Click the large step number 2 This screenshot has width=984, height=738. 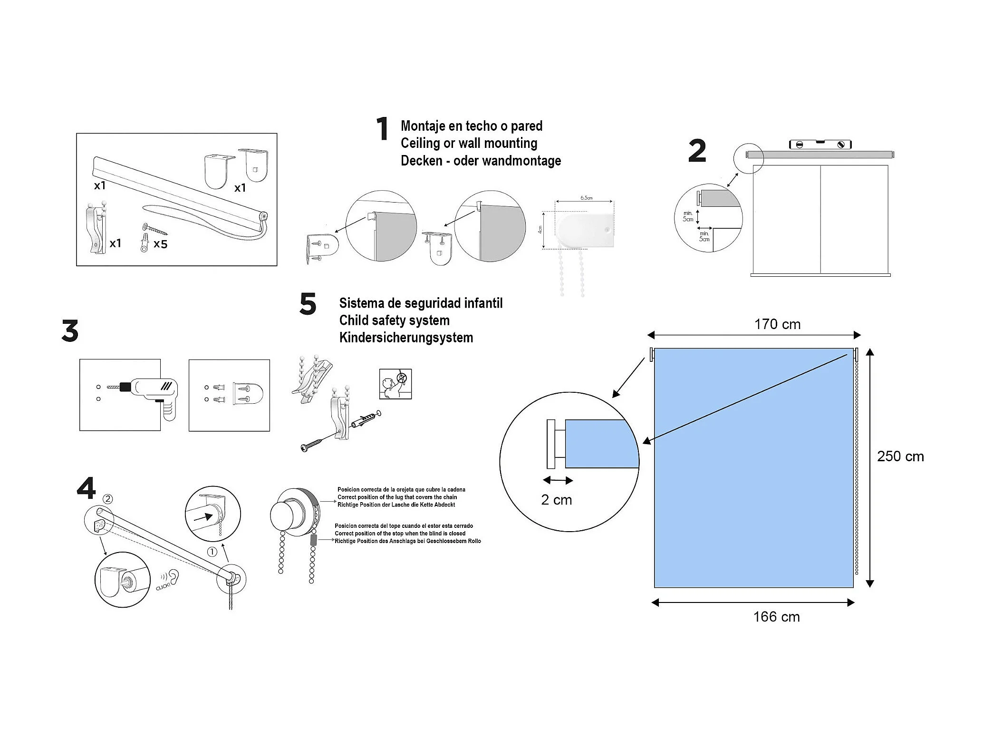pyautogui.click(x=697, y=151)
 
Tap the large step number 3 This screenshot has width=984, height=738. pyautogui.click(x=70, y=331)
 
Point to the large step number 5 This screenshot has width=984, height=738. pyautogui.click(x=308, y=304)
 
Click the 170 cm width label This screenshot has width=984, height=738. pyautogui.click(x=777, y=324)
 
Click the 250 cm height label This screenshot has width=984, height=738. pyautogui.click(x=900, y=456)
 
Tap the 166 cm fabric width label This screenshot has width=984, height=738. pyautogui.click(x=776, y=617)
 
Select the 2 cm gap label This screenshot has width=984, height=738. pyautogui.click(x=556, y=500)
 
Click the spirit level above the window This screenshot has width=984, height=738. pyautogui.click(x=820, y=144)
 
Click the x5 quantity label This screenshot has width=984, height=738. pyautogui.click(x=161, y=244)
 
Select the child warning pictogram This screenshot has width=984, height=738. pyautogui.click(x=396, y=384)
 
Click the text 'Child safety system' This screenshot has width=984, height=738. pyautogui.click(x=394, y=320)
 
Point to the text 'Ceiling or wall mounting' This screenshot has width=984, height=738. pyautogui.click(x=469, y=143)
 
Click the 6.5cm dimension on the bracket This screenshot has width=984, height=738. pyautogui.click(x=586, y=198)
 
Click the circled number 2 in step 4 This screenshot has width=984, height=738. pyautogui.click(x=108, y=499)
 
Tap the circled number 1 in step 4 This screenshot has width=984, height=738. pyautogui.click(x=212, y=552)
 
